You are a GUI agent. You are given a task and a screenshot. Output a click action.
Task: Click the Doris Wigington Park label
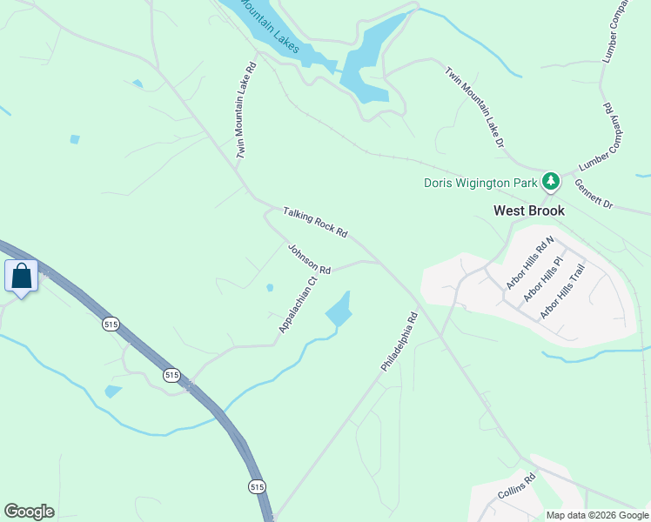(480, 183)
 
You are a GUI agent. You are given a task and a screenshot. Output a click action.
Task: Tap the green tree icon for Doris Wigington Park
(550, 182)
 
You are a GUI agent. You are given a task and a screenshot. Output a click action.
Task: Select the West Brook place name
(529, 211)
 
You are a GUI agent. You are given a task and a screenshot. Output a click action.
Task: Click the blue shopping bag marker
(21, 278)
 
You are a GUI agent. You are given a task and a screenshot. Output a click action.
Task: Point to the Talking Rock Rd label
(315, 222)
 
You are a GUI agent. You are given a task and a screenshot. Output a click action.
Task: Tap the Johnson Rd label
(310, 258)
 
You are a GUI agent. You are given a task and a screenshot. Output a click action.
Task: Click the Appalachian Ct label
(296, 304)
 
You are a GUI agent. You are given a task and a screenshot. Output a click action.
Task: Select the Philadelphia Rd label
(400, 344)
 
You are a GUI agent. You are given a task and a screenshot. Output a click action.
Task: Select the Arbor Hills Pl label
(544, 278)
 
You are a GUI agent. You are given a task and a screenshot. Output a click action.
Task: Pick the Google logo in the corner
(29, 512)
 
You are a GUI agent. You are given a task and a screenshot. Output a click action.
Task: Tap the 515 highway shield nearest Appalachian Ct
(171, 374)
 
